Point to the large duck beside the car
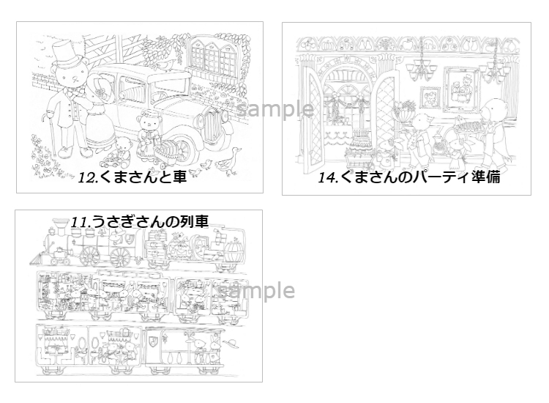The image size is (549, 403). [x=228, y=161]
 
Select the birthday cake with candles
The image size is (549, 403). [x=360, y=144]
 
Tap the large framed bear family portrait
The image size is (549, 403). [x=462, y=89]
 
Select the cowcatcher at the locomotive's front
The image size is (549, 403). [x=38, y=259]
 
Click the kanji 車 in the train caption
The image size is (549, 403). [x=201, y=221]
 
